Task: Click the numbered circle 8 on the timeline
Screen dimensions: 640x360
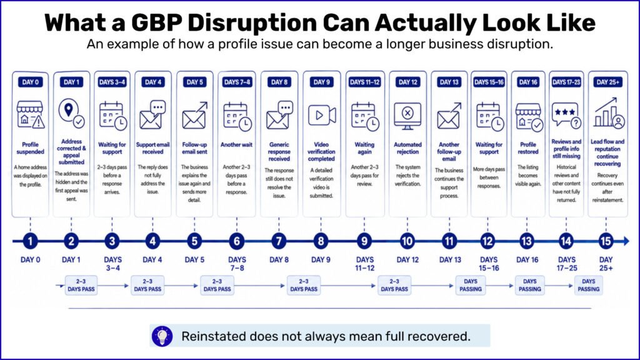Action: pos(321,241)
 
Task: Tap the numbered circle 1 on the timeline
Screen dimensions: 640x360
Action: pos(30,241)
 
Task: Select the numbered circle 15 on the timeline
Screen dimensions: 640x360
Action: pos(606,241)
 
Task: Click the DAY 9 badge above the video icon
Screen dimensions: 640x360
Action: pos(322,82)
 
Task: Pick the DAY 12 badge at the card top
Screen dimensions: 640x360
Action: pos(407,82)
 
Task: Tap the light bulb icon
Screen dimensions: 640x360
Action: pos(162,336)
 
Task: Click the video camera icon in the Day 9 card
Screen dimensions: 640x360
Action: pos(322,116)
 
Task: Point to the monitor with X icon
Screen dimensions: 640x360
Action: pos(407,116)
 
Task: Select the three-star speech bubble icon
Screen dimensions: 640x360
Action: pos(566,116)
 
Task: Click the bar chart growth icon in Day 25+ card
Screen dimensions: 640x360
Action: pos(609,112)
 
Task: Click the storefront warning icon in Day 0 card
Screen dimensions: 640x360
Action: pos(31,115)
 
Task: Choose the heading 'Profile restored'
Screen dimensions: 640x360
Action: pos(527,148)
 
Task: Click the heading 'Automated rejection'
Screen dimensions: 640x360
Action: pos(407,148)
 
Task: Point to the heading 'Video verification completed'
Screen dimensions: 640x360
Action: pos(321,151)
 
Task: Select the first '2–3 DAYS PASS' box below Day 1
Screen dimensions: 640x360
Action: pos(81,285)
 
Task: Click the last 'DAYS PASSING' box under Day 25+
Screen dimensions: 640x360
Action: pos(588,285)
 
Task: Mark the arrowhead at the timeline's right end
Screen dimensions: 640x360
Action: pos(626,241)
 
